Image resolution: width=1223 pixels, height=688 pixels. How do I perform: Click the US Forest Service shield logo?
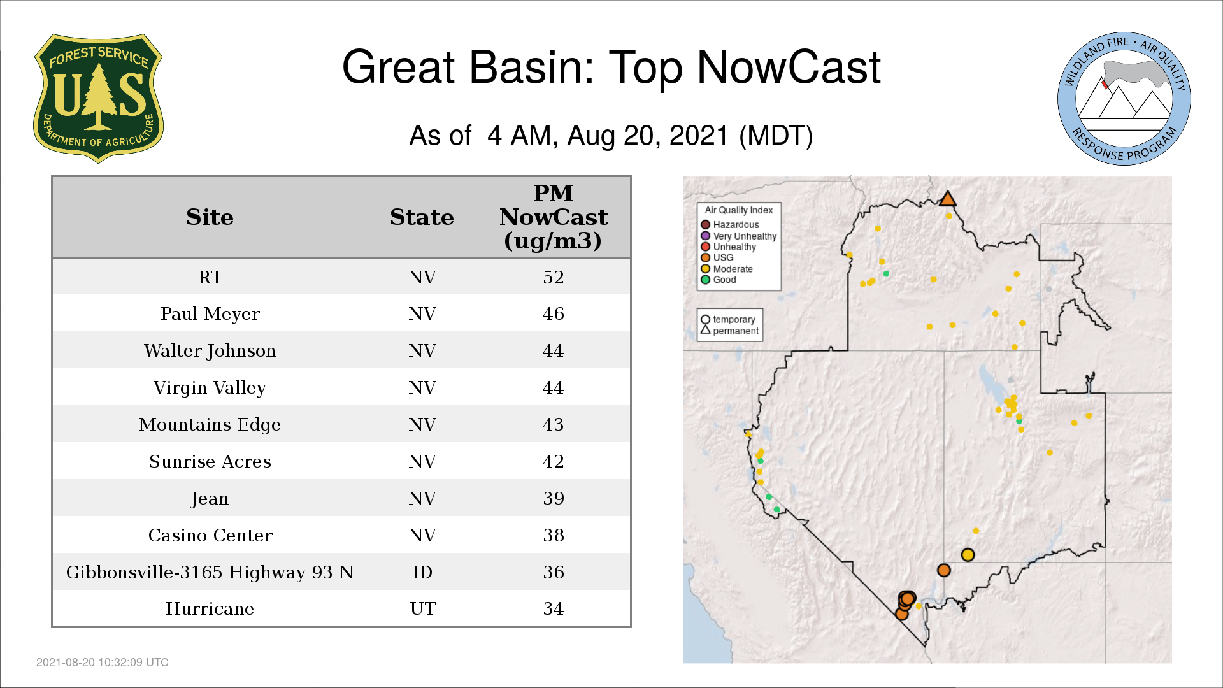click(98, 98)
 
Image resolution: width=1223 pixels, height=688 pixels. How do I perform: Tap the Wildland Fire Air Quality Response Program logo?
click(1124, 99)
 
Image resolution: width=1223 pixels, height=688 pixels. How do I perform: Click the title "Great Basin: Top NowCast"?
click(611, 67)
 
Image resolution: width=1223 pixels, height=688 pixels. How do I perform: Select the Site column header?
click(210, 217)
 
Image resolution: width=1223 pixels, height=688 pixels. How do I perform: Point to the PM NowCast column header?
click(553, 217)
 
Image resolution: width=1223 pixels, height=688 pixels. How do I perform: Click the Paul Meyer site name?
click(210, 313)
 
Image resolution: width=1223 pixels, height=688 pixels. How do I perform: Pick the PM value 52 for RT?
click(554, 277)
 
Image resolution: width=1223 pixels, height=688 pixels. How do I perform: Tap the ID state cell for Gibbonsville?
click(422, 572)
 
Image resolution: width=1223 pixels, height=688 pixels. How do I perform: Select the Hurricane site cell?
click(210, 608)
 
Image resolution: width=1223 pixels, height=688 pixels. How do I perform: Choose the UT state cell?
click(423, 608)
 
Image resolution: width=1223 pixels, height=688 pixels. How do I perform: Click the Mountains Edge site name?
click(210, 424)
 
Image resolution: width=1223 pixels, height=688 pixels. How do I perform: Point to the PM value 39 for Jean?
click(554, 498)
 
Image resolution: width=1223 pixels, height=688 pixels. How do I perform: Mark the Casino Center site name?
click(210, 535)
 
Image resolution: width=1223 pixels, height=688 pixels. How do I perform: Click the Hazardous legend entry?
click(730, 225)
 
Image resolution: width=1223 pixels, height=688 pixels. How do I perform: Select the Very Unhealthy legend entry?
click(739, 236)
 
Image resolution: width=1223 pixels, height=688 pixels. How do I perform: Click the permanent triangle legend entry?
click(730, 331)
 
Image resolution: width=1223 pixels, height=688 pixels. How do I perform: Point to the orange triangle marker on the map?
click(948, 199)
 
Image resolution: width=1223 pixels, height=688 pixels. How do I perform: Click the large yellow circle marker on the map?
click(968, 555)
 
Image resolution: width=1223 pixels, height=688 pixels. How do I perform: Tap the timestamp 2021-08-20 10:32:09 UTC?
click(103, 663)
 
